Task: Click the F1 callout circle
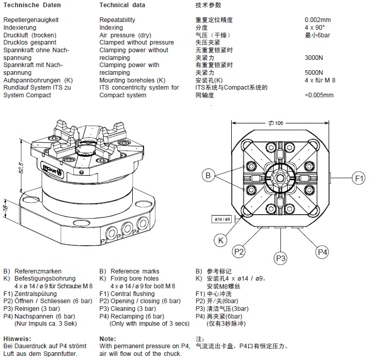pyautogui.click(x=359, y=178)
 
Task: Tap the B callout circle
pyautogui.click(x=208, y=176)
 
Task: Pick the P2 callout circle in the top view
pyautogui.click(x=239, y=251)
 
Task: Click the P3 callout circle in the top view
pyautogui.click(x=280, y=258)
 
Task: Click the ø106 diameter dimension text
pyautogui.click(x=276, y=123)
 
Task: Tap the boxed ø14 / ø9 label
pyautogui.click(x=221, y=219)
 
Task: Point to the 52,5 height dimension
pyautogui.click(x=21, y=167)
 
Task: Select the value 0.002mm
pyautogui.click(x=318, y=20)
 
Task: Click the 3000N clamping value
pyautogui.click(x=314, y=58)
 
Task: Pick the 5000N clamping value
pyautogui.click(x=314, y=73)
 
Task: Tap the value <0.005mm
pyautogui.click(x=319, y=95)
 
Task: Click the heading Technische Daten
pyautogui.click(x=25, y=5)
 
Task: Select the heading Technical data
pyautogui.click(x=122, y=5)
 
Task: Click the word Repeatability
pyautogui.click(x=117, y=20)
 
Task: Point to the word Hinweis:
pyautogui.click(x=17, y=339)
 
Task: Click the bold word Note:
pyautogui.click(x=108, y=339)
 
